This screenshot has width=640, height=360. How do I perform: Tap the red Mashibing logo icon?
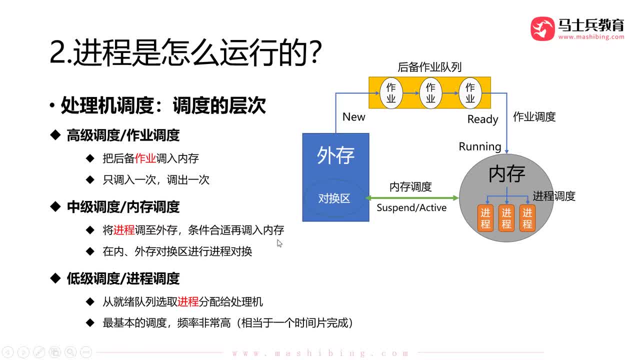coord(542,28)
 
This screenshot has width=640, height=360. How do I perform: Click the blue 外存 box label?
coord(335,155)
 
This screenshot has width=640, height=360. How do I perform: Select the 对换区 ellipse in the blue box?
coord(334,198)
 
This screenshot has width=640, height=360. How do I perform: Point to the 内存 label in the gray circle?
coord(506,173)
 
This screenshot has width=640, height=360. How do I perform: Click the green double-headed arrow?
coord(412,198)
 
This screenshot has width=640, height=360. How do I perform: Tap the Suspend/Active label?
coord(411,207)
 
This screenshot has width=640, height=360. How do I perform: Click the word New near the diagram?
coord(353,117)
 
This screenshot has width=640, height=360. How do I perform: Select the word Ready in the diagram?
coord(482,119)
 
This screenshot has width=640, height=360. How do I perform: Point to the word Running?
coord(480,146)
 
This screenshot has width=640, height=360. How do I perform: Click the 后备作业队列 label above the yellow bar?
coord(429,67)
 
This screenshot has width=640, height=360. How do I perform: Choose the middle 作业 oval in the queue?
coord(430,93)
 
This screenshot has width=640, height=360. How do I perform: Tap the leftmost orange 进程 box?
coord(485,218)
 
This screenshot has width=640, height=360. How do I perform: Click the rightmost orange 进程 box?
coord(527,218)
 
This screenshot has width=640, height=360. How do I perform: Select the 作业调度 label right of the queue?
coord(534,117)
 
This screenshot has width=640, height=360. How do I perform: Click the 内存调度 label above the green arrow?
coord(410,187)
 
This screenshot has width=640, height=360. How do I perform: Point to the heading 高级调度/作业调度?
coord(123,135)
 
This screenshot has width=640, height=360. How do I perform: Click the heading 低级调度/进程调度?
coord(123,278)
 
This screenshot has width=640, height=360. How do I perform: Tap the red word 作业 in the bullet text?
coord(145,158)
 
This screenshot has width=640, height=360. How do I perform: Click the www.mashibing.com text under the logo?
coord(591,37)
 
